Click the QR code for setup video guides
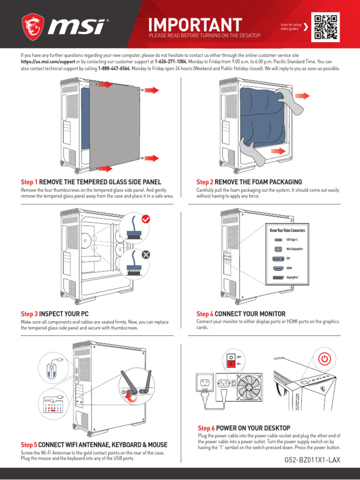click(x=326, y=27)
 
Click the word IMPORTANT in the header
click(x=195, y=24)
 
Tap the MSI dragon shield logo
click(x=33, y=27)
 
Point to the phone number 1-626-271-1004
click(x=171, y=62)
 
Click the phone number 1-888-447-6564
click(x=113, y=68)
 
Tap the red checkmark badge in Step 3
click(x=146, y=218)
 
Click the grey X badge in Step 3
click(x=146, y=255)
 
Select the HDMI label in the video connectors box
click(x=289, y=268)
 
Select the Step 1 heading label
click(x=91, y=182)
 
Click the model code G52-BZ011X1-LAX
click(x=312, y=460)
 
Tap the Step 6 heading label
click(x=244, y=428)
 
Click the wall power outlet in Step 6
click(x=204, y=383)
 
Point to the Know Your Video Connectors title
click(x=287, y=231)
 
